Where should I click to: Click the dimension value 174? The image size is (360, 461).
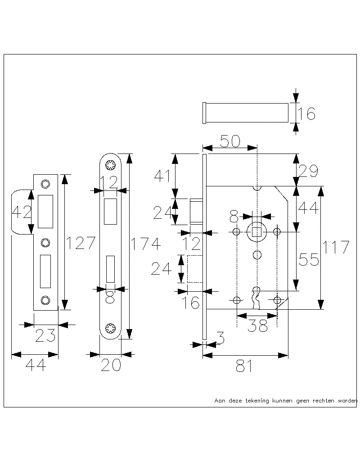coord(145,244)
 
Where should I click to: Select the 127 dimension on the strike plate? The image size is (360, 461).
coord(81,243)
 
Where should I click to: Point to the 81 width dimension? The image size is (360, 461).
coord(244,367)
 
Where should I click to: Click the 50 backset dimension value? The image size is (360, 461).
coord(229,141)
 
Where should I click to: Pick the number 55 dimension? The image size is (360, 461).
coord(309,260)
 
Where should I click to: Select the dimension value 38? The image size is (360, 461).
coord(258,326)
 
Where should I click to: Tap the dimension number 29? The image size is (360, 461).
coord(309,171)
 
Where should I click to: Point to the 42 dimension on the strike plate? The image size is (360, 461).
coord(21,211)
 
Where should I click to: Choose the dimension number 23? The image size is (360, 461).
coord(45,335)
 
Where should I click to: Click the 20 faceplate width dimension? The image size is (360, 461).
coord(110,365)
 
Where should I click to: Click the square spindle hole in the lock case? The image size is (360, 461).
coord(256,232)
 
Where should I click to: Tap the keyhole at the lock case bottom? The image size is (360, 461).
coord(256,295)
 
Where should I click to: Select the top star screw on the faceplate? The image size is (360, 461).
coord(110,165)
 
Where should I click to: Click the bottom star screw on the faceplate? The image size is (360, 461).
coord(110,328)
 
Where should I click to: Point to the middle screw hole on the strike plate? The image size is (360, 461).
coord(45,243)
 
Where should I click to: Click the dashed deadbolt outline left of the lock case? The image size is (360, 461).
coord(194,269)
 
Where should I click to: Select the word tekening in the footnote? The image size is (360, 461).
coord(256,400)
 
